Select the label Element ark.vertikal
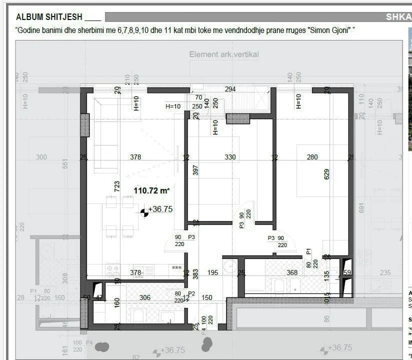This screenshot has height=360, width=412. pyautogui.click(x=224, y=54)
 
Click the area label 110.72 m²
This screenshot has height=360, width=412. pyautogui.click(x=151, y=190)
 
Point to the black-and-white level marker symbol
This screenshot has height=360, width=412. pyautogui.click(x=144, y=212)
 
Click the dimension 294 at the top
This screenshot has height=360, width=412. pyautogui.click(x=230, y=89)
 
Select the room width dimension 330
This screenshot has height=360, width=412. pyautogui.click(x=230, y=157)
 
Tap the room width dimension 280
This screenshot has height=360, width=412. pyautogui.click(x=312, y=157)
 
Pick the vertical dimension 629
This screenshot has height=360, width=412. pyautogui.click(x=326, y=174)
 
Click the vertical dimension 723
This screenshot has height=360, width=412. pyautogui.click(x=117, y=186)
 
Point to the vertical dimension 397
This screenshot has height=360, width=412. pyautogui.click(x=195, y=171)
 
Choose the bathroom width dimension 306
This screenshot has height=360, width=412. pyautogui.click(x=145, y=297)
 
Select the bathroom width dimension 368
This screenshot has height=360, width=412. pyautogui.click(x=292, y=273)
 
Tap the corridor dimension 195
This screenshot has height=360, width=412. pyautogui.click(x=212, y=272)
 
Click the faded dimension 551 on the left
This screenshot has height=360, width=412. pyautogui.click(x=64, y=164)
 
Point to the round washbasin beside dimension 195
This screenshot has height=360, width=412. pyautogui.click(x=229, y=266)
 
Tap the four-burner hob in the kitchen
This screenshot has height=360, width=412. pyautogui.click(x=113, y=271)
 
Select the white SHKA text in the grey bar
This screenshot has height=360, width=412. pyautogui.click(x=398, y=17)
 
